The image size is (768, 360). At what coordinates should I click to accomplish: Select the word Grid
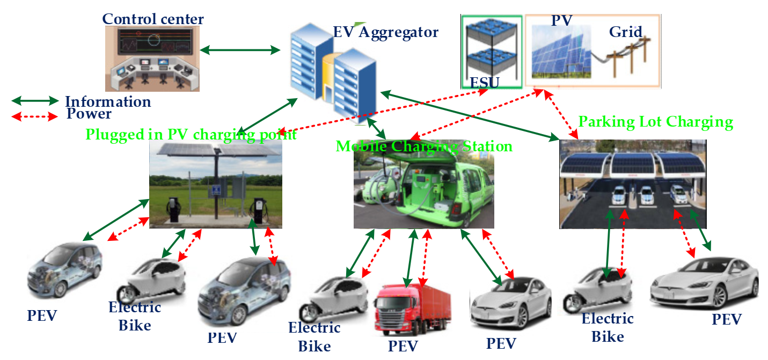pyautogui.click(x=625, y=32)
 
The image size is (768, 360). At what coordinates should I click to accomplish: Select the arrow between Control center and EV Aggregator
pyautogui.click(x=240, y=51)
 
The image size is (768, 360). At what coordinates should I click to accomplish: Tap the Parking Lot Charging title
pyautogui.click(x=655, y=122)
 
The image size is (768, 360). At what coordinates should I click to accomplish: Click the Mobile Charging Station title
pyautogui.click(x=424, y=146)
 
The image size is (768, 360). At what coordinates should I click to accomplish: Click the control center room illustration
pyautogui.click(x=152, y=59)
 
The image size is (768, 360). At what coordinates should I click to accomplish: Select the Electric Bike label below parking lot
pyautogui.click(x=608, y=327)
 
